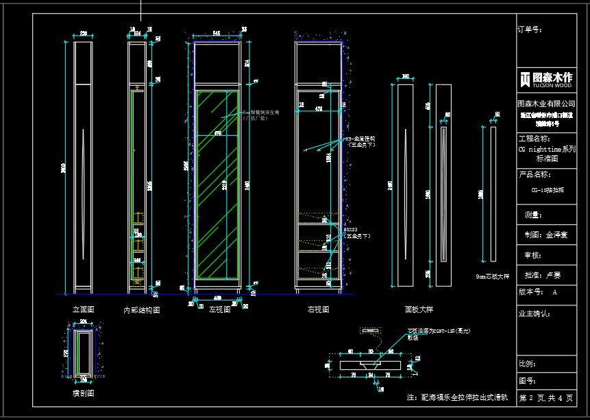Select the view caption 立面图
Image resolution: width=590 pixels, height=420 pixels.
83,310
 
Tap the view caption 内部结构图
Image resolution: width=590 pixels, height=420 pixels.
141,310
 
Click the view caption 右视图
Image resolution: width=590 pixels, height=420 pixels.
319,310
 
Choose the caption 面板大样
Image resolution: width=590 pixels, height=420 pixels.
419,310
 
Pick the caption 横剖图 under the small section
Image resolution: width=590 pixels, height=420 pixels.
83,393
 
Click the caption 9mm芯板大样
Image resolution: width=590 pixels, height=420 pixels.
493,277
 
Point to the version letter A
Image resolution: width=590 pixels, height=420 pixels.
555,292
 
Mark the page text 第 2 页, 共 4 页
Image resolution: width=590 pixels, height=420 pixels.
545,398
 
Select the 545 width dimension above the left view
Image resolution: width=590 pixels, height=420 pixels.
216,32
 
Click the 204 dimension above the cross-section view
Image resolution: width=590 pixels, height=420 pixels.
84,321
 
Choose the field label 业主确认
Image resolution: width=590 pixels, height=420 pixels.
534,314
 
